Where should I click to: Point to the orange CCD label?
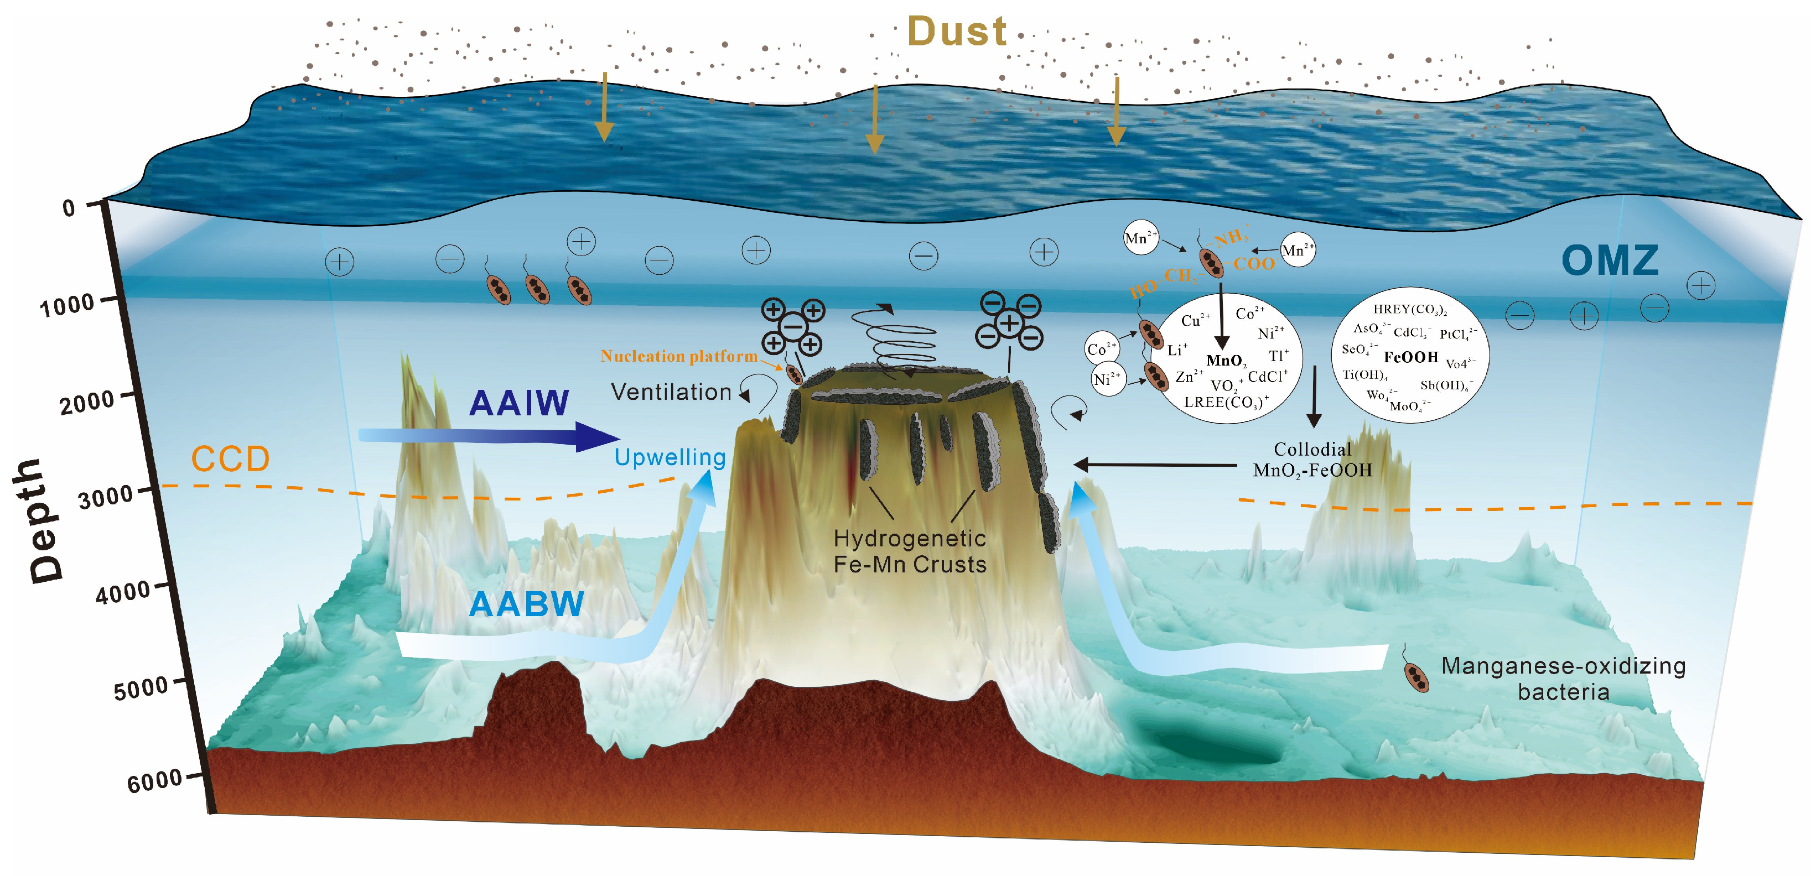click(x=231, y=460)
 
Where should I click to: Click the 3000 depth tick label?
click(x=106, y=497)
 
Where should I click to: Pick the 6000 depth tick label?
click(x=154, y=781)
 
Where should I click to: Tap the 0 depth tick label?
click(x=69, y=208)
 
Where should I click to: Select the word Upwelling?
click(x=670, y=457)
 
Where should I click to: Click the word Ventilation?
click(x=671, y=392)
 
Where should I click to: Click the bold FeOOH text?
click(x=1410, y=357)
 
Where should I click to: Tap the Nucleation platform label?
click(x=678, y=356)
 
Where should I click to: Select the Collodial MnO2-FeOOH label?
click(x=1312, y=460)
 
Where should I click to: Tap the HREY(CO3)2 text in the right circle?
click(x=1410, y=309)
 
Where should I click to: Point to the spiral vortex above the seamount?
click(x=899, y=342)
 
